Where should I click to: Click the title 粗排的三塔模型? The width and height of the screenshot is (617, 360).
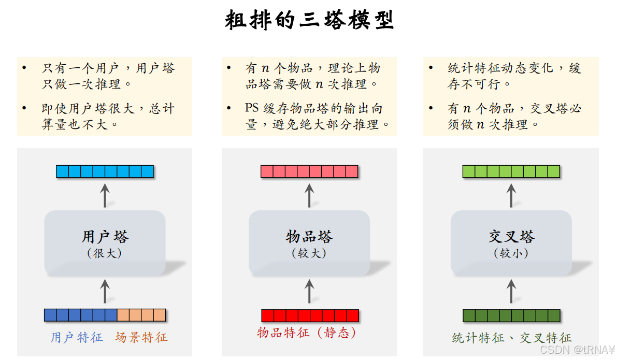pyautogui.click(x=309, y=21)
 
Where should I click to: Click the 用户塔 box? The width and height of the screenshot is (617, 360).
pyautogui.click(x=105, y=243)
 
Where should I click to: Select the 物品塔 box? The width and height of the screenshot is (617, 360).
pyautogui.click(x=309, y=243)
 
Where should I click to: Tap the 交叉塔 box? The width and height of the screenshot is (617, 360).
pyautogui.click(x=511, y=243)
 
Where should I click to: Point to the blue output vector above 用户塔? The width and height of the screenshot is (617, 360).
pyautogui.click(x=105, y=171)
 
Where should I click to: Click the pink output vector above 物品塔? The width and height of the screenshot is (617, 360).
pyautogui.click(x=309, y=171)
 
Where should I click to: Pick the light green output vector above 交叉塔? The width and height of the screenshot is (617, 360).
pyautogui.click(x=511, y=171)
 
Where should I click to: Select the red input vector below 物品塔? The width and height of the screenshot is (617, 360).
pyautogui.click(x=310, y=315)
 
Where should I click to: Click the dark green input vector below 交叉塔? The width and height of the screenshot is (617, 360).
pyautogui.click(x=511, y=315)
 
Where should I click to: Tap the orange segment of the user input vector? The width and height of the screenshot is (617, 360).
pyautogui.click(x=141, y=315)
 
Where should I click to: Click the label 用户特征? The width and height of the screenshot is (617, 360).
pyautogui.click(x=77, y=338)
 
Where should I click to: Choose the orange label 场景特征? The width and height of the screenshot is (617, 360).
pyautogui.click(x=141, y=338)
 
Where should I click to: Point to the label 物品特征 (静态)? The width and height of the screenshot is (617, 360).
pyautogui.click(x=307, y=333)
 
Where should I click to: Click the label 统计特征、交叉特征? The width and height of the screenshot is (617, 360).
pyautogui.click(x=511, y=338)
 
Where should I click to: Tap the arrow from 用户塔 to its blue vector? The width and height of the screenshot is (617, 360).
pyautogui.click(x=105, y=195)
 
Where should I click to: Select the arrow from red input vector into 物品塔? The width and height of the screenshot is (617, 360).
pyautogui.click(x=310, y=291)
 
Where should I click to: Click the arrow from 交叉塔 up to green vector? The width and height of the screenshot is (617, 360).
pyautogui.click(x=511, y=195)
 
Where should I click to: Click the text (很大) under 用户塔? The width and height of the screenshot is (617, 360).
pyautogui.click(x=105, y=254)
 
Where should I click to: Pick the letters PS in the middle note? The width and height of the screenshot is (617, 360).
pyautogui.click(x=251, y=108)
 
